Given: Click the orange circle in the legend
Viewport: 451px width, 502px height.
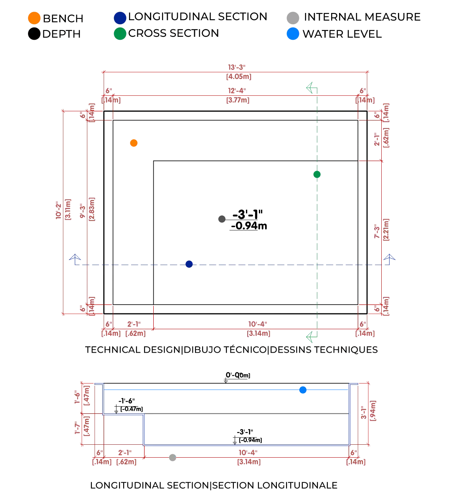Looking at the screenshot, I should click(x=34, y=18).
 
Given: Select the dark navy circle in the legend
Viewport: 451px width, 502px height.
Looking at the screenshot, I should click(x=120, y=18).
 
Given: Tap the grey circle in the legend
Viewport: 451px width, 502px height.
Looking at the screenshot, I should click(x=292, y=18).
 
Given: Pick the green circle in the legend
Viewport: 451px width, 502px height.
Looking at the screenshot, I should click(x=120, y=33).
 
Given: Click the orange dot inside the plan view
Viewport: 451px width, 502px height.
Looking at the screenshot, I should click(x=134, y=143).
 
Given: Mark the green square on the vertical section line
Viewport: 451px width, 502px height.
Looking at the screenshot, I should click(x=316, y=175).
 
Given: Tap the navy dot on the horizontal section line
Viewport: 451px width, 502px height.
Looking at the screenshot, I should click(x=189, y=263).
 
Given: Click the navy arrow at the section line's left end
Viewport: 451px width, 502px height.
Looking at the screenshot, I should click(x=75, y=258).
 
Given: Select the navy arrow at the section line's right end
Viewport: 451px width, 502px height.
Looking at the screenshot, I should click(x=389, y=258).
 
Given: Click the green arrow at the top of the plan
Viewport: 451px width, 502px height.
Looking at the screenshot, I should click(x=310, y=88).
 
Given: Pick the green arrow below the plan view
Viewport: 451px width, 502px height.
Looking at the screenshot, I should click(x=310, y=336).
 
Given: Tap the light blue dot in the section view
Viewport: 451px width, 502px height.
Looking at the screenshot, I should click(x=303, y=390).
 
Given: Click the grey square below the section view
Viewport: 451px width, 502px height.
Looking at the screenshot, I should click(x=172, y=456).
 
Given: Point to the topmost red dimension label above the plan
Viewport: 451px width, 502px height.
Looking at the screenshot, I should click(x=238, y=72).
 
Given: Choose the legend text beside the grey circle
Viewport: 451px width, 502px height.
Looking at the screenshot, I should click(x=362, y=18).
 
